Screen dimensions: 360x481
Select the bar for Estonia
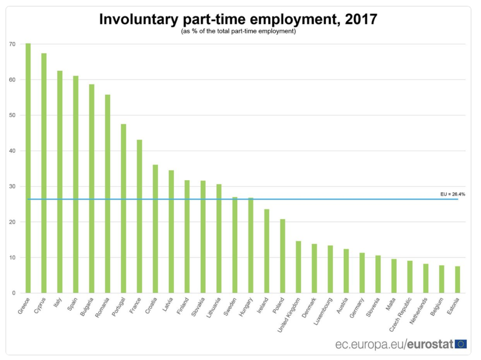(457, 280)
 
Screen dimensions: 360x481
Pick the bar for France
(140, 216)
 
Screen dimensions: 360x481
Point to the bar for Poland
(282, 256)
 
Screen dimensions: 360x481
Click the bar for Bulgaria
(92, 188)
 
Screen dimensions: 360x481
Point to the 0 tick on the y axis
(14, 293)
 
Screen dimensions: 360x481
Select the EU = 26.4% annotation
(452, 194)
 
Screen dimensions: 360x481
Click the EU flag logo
(461, 344)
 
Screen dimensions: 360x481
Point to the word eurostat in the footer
(430, 344)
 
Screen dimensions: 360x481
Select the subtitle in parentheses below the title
(238, 31)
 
